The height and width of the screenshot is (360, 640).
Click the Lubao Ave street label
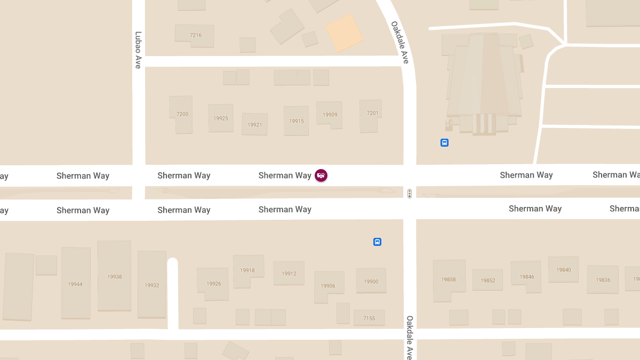pos(138,50)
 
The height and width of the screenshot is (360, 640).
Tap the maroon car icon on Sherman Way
pos(321,175)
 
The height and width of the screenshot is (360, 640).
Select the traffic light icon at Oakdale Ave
pos(410,194)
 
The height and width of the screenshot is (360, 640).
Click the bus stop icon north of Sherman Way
pos(444,143)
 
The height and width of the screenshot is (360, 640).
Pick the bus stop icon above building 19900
pos(377,242)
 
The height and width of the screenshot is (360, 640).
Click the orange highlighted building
pos(345,33)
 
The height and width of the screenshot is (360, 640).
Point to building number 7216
pos(196,35)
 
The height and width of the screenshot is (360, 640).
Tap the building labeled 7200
pos(182,114)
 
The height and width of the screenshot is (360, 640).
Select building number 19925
pos(220,118)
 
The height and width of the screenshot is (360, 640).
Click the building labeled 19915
pos(297,121)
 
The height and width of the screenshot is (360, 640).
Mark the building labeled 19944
pos(75,284)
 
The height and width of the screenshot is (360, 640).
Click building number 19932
pos(152,285)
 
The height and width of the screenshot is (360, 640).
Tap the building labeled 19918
pos(247,270)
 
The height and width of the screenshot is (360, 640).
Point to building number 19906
pos(328,286)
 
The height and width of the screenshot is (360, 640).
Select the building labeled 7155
pos(369,318)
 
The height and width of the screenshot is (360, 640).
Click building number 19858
pos(449,279)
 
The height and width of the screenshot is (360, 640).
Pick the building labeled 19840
pos(564,270)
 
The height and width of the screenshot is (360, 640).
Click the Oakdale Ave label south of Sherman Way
pos(410,337)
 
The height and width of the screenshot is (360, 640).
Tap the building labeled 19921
pos(254,125)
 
